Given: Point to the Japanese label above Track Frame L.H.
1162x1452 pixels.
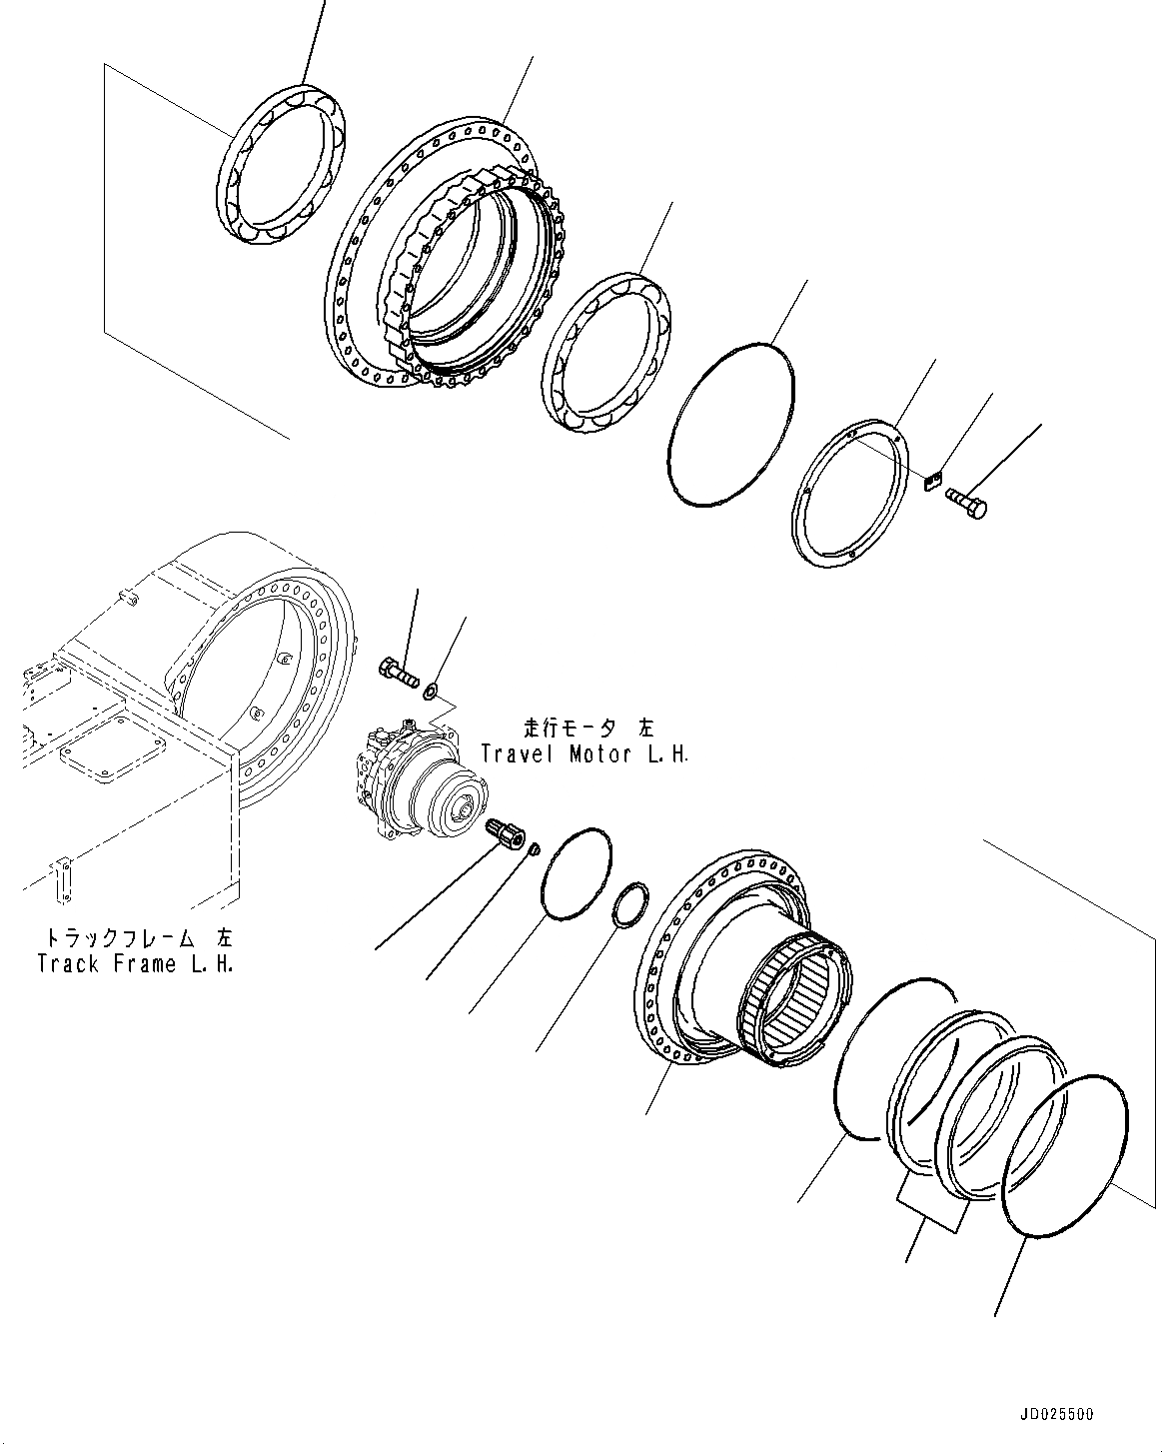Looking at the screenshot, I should click(x=137, y=939).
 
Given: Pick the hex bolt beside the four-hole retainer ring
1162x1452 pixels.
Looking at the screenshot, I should click(x=966, y=501).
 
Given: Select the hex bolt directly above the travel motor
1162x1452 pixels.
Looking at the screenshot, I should click(x=399, y=671).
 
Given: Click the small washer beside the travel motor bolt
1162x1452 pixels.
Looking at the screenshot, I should click(x=433, y=689).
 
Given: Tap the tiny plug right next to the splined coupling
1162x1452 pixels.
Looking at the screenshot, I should click(x=534, y=850).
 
